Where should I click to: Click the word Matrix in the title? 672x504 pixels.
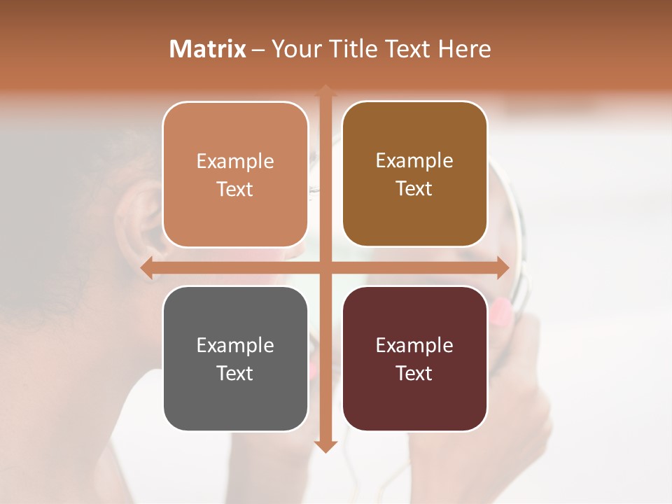coord(208,49)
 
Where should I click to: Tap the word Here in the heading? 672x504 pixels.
coord(465,49)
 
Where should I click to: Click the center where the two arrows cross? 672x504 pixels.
coord(325,268)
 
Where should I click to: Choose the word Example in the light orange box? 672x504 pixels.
coord(235,162)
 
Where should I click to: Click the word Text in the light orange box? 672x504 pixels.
coord(235,190)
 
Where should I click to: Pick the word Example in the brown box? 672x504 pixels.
coord(414,161)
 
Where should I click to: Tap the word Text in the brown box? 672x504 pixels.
coord(414,189)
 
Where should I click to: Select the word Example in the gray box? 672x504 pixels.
coord(235,346)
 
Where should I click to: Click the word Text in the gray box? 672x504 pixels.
coord(235,374)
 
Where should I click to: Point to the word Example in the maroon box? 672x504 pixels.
coord(414,346)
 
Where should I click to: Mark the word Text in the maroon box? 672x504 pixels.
coord(414,374)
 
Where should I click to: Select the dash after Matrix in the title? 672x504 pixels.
coord(258,50)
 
